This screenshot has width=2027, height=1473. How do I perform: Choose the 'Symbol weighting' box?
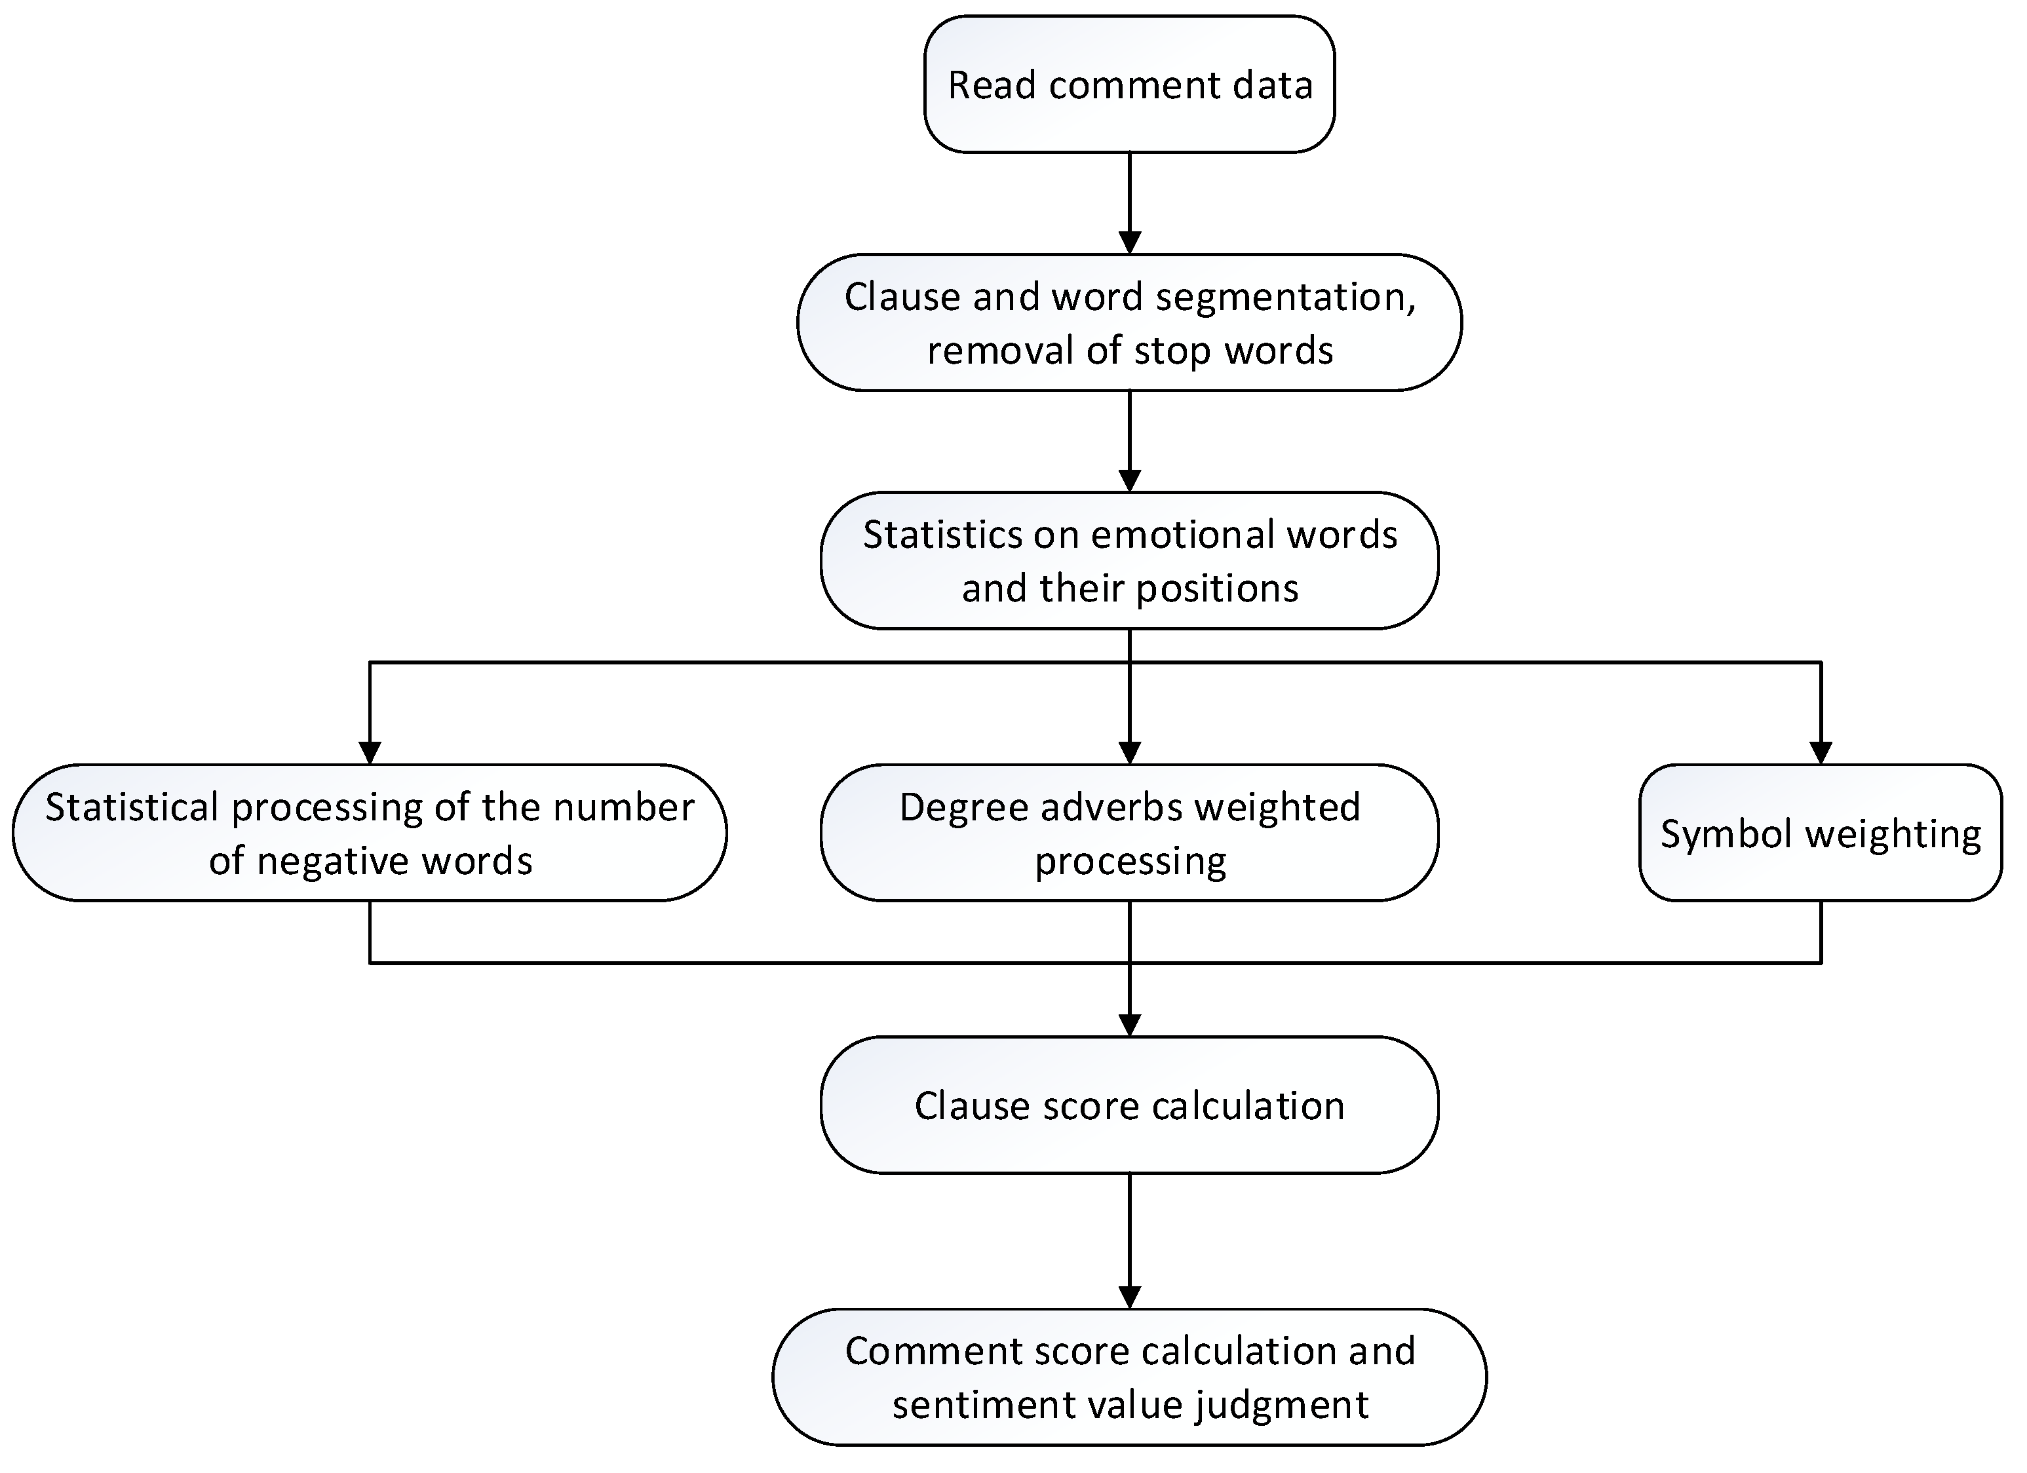(1821, 833)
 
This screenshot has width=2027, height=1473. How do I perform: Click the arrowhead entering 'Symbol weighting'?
(1821, 754)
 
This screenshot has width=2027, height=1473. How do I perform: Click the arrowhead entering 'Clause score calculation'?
(1130, 1025)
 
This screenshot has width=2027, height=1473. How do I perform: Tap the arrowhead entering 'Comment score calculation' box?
(1130, 1298)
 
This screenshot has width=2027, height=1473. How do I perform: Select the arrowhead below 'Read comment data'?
(1130, 242)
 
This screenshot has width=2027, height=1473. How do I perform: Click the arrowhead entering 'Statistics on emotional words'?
(1130, 480)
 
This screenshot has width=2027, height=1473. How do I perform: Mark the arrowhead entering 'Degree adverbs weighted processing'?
(1130, 754)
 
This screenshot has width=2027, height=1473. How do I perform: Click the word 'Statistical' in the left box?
(131, 807)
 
